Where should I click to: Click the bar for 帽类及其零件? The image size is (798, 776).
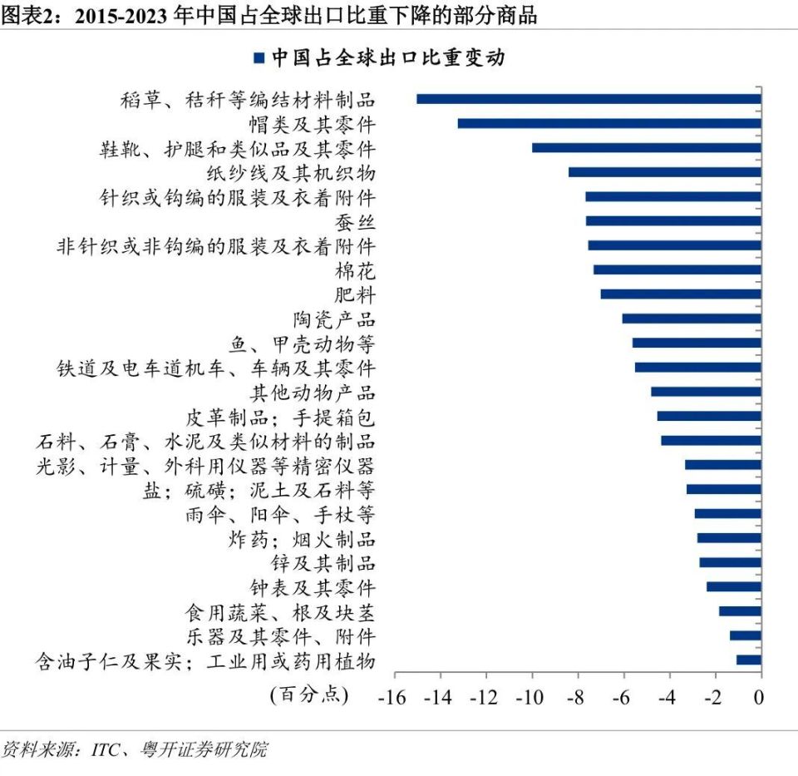(609, 124)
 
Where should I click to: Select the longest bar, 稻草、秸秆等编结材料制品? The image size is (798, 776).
(589, 99)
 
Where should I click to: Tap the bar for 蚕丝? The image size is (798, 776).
(673, 221)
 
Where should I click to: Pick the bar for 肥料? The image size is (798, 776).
(681, 294)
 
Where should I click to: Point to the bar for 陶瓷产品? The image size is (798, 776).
(692, 319)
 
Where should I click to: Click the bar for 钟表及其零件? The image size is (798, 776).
(733, 587)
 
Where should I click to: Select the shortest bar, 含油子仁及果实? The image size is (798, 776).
(748, 660)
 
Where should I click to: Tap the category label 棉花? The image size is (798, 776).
(355, 270)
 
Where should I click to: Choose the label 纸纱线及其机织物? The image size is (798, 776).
(291, 173)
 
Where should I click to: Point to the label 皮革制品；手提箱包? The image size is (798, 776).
(280, 417)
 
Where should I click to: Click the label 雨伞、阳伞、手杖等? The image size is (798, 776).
(280, 514)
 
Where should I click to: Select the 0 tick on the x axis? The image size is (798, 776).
(759, 697)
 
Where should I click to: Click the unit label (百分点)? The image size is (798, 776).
(308, 694)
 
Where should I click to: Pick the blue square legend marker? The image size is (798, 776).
(259, 58)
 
